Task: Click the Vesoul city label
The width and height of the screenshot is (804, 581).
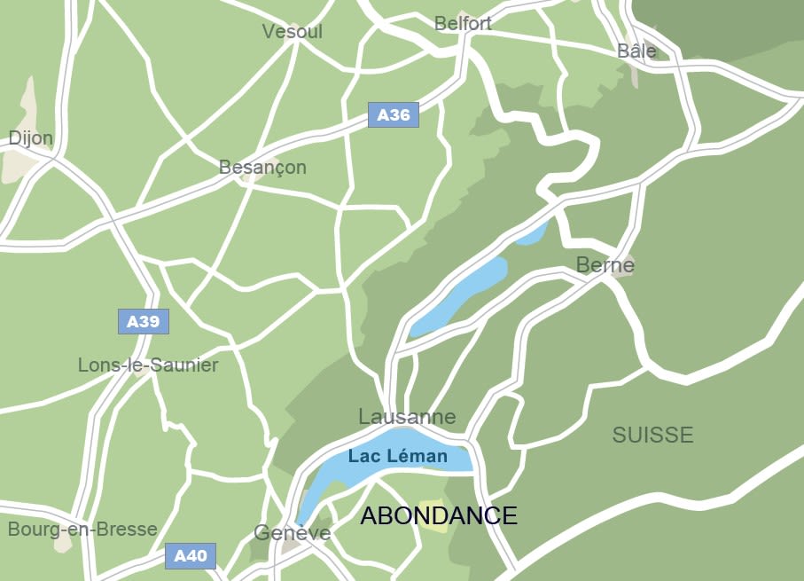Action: coord(293,32)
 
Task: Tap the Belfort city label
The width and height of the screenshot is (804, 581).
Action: coord(463,24)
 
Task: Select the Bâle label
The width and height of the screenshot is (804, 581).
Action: coord(636,51)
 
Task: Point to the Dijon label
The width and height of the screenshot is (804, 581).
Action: coord(31,138)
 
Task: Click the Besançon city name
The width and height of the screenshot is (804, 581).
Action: coord(262,168)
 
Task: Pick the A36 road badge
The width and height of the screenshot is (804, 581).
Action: coord(394,114)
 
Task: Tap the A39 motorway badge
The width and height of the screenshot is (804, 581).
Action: coord(144,321)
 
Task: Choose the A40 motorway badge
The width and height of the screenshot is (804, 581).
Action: coord(191,556)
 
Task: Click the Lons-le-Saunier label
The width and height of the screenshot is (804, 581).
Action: coord(148,365)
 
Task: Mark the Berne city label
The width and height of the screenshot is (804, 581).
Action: coord(605,264)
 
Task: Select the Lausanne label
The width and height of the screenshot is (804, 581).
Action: coord(407,417)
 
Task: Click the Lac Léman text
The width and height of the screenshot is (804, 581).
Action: coord(397,457)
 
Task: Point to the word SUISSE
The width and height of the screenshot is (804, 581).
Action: coord(652,435)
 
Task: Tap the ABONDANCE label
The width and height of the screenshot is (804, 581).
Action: coord(438,515)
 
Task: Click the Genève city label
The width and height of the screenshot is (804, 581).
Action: coord(292,533)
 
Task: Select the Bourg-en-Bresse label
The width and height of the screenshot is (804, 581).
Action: coord(82,530)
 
